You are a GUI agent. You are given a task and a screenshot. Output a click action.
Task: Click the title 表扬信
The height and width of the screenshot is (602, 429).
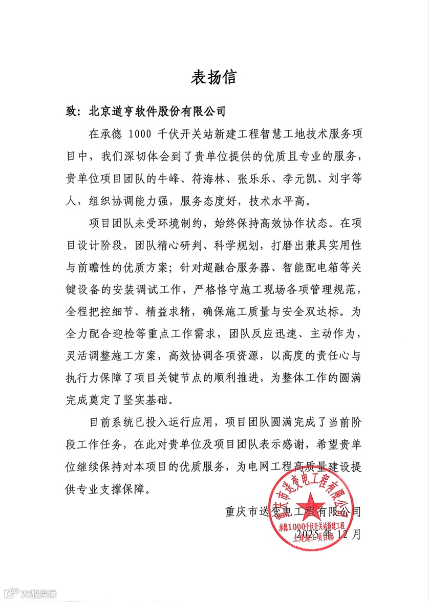click(x=214, y=77)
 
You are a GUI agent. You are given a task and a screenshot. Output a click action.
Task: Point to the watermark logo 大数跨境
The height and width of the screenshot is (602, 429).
click(x=30, y=593)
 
